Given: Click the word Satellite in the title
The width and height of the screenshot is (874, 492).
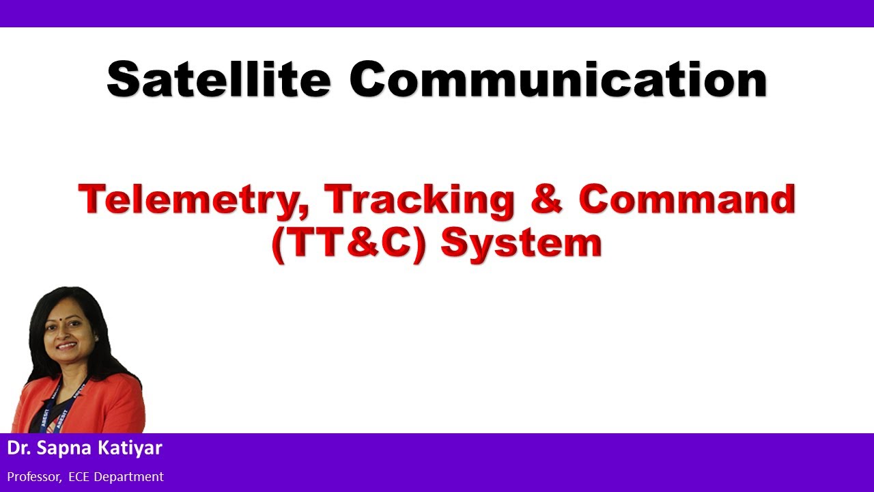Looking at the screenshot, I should pyautogui.click(x=218, y=81).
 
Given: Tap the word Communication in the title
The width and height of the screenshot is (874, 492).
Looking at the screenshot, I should pyautogui.click(x=559, y=81).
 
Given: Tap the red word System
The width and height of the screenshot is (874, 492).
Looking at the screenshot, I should pyautogui.click(x=521, y=243).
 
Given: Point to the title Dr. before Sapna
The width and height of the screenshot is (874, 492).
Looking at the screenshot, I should pyautogui.click(x=18, y=449).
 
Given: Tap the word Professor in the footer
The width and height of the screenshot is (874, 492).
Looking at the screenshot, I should pyautogui.click(x=33, y=477).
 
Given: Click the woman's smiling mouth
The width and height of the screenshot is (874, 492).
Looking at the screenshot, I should pyautogui.click(x=68, y=347).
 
